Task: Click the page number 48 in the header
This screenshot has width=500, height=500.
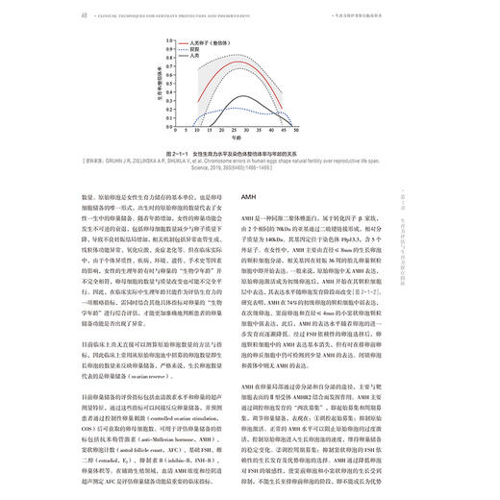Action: (x=58, y=14)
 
